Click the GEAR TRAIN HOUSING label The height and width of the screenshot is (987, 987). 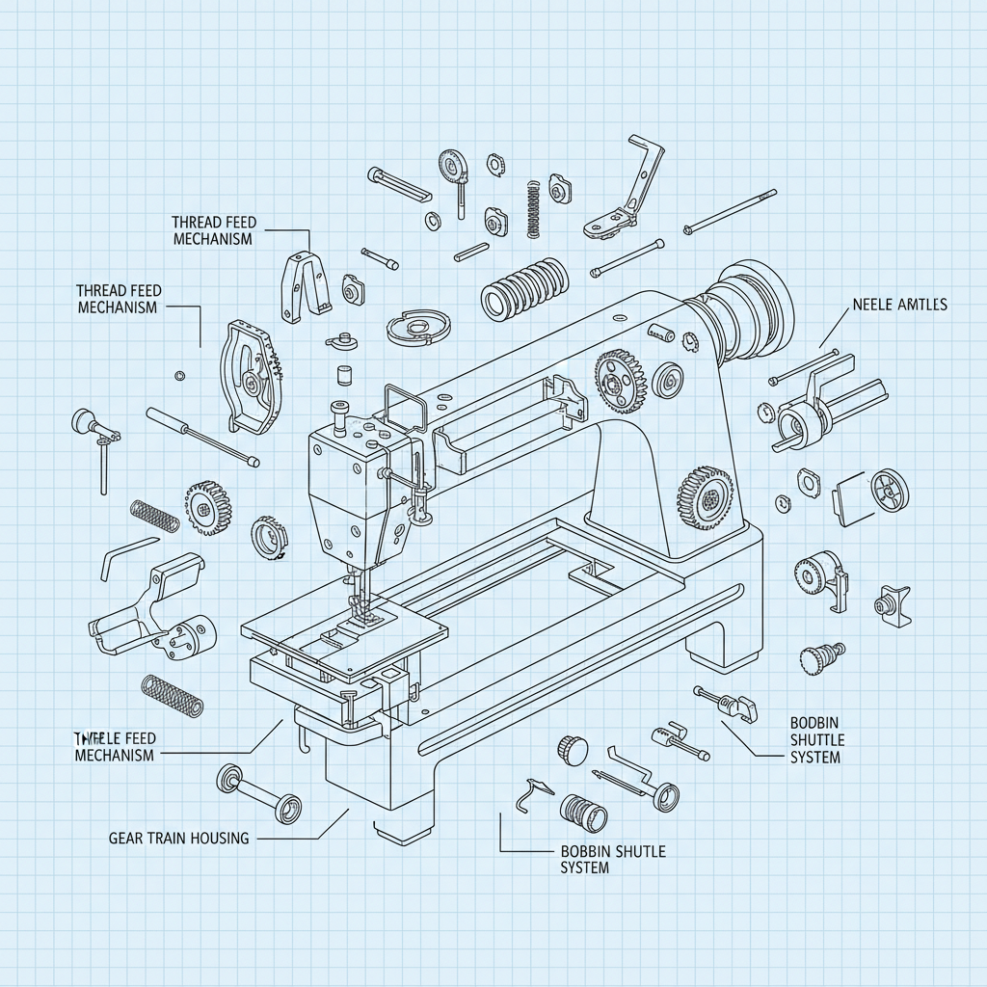point(179,839)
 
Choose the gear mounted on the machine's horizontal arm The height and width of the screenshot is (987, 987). point(618,379)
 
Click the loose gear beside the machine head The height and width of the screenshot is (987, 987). point(206,506)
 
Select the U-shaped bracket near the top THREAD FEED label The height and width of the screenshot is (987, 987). point(303,285)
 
